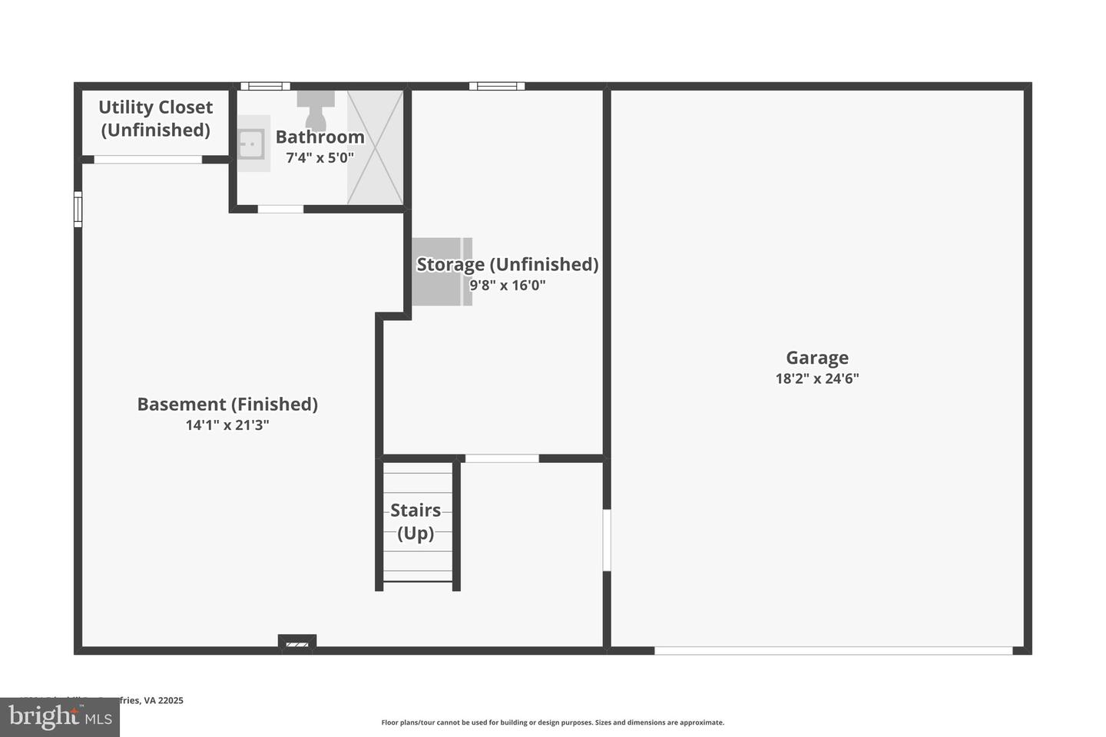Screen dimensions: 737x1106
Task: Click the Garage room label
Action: pos(816,358)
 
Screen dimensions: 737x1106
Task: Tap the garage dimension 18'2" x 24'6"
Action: pos(816,378)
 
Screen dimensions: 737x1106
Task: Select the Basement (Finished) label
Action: pos(227,404)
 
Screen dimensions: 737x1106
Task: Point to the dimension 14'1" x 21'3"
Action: pos(227,425)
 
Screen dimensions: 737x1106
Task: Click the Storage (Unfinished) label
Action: pos(507,264)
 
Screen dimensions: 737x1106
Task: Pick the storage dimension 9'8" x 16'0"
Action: pos(507,286)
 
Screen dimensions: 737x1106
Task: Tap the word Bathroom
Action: pos(320,137)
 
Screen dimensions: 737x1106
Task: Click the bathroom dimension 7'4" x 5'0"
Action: pos(320,158)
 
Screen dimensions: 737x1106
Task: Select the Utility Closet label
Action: pos(155,118)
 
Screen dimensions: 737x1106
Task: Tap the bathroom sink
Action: pos(251,144)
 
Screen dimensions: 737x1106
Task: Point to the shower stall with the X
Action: pos(375,147)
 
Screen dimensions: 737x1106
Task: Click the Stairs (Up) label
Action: pos(416,521)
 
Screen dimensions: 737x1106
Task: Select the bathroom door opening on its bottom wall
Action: pos(280,209)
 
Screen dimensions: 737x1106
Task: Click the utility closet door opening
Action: pos(147,160)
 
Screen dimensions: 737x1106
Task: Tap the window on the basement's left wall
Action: pos(78,209)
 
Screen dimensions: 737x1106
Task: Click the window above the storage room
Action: pos(497,86)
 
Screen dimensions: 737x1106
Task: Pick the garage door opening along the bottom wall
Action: pos(833,651)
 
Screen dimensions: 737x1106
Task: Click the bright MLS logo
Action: pos(60,718)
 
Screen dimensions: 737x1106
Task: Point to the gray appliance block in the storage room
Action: pos(442,273)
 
